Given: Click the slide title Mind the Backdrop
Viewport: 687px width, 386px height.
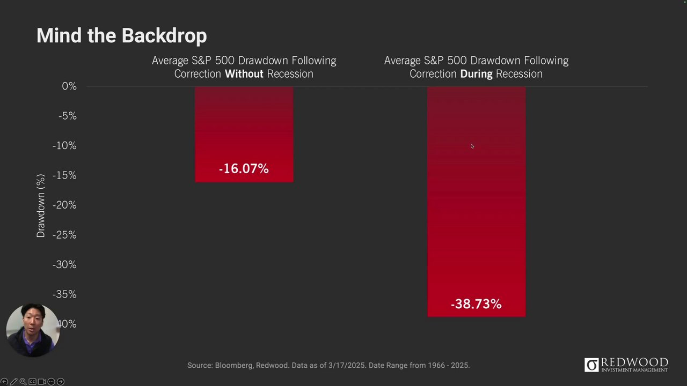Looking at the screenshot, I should [x=121, y=35].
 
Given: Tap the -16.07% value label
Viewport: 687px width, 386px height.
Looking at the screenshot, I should [x=244, y=169].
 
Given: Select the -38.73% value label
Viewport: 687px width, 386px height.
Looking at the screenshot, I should [x=476, y=304].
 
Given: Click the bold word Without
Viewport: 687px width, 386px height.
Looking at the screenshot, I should [x=244, y=74].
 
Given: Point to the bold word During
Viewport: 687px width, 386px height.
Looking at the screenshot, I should [x=476, y=74].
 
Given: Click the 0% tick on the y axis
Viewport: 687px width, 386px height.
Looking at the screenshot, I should [x=69, y=86].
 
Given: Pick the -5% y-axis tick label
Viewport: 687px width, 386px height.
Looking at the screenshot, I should [x=67, y=116].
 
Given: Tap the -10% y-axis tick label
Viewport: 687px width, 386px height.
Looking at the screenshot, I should [x=64, y=146].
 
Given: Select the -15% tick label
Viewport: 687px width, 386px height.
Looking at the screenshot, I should [x=64, y=175].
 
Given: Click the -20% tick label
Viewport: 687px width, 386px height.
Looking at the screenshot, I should [x=64, y=205].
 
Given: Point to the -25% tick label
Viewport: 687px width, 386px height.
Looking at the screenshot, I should [x=64, y=235].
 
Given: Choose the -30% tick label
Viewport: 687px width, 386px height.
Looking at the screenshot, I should [x=64, y=265].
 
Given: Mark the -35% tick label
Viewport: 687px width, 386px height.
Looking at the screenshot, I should [x=64, y=294].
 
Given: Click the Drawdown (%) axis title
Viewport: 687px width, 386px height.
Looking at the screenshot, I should [x=41, y=205].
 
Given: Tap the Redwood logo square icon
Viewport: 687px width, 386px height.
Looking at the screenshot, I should [x=591, y=365].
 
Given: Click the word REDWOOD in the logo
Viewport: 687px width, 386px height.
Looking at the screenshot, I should [x=634, y=362].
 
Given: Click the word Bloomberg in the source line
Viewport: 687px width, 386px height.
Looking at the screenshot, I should [x=233, y=366].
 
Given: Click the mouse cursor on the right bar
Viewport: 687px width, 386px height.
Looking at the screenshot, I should [x=472, y=146].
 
